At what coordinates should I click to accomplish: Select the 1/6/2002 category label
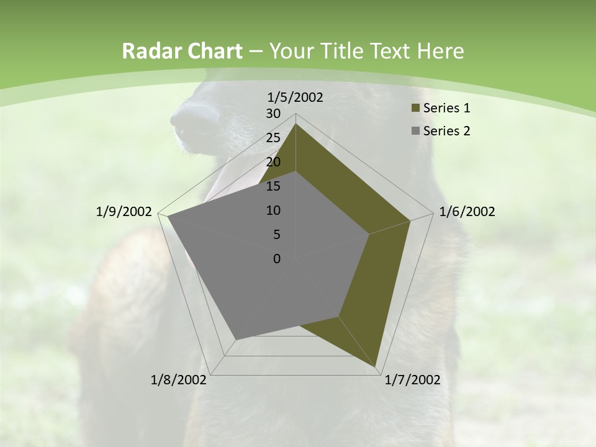tap(467, 212)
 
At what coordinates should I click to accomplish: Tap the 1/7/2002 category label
tap(412, 380)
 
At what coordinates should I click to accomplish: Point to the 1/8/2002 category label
tap(179, 380)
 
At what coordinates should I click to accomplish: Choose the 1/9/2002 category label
tap(124, 212)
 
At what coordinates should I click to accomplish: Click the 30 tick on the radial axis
tap(273, 114)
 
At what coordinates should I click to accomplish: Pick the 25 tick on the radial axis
tap(273, 138)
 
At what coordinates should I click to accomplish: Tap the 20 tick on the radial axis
tap(273, 162)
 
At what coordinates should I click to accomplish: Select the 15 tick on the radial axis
tap(273, 186)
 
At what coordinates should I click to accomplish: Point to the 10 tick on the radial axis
tap(273, 210)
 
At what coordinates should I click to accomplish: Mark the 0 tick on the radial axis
tap(277, 259)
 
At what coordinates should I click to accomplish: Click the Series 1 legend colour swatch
tap(415, 108)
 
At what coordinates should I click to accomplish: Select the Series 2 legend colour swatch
tap(415, 131)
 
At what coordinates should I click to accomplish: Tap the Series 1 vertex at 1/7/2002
tap(376, 366)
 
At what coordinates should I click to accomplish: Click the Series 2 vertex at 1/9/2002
tap(168, 217)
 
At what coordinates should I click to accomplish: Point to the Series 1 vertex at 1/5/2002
tap(296, 124)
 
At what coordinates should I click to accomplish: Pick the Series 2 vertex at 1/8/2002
tap(237, 339)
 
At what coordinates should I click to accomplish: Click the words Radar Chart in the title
tap(181, 52)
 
